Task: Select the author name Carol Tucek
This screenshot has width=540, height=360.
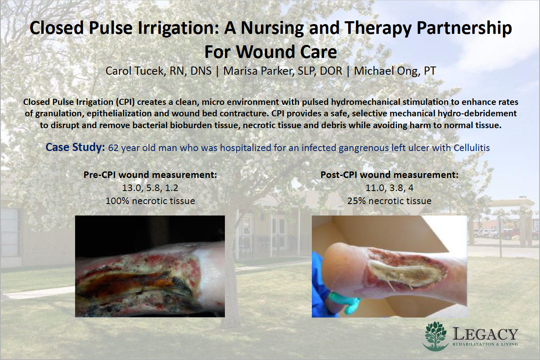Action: pyautogui.click(x=135, y=71)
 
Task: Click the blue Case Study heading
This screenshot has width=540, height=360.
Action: pyautogui.click(x=75, y=147)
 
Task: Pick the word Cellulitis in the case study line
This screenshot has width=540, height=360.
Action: pyautogui.click(x=472, y=148)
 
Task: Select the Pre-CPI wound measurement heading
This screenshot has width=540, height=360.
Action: pyautogui.click(x=150, y=175)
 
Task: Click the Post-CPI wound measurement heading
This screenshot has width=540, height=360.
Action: pyautogui.click(x=389, y=175)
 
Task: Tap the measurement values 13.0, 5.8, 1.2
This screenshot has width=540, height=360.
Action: pyautogui.click(x=150, y=188)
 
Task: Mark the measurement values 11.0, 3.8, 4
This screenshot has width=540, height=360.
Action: pyautogui.click(x=389, y=188)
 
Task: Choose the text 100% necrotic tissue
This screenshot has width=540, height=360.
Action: pyautogui.click(x=150, y=201)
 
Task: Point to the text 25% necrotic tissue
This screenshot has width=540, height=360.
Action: pyautogui.click(x=389, y=201)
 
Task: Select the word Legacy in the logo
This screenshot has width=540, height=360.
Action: pyautogui.click(x=485, y=334)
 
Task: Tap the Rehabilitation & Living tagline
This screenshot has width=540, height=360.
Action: pyautogui.click(x=485, y=344)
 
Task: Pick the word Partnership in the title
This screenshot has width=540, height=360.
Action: pyautogui.click(x=464, y=28)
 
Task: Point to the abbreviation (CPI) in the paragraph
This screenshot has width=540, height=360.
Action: pyautogui.click(x=125, y=102)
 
